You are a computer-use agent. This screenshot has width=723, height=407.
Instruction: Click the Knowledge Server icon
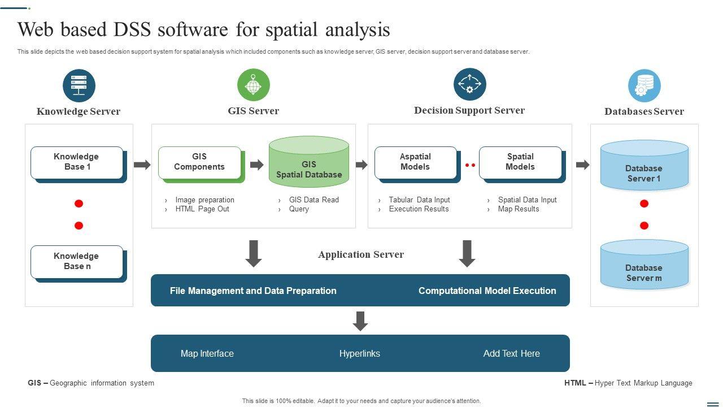coord(79,85)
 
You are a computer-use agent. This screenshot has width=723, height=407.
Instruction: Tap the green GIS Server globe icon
coord(254,85)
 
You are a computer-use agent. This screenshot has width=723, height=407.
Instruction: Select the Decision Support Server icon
coord(469,84)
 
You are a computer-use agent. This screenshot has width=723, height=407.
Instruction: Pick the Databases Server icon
coord(644,85)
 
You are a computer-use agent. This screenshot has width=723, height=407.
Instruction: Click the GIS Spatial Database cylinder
coord(309,162)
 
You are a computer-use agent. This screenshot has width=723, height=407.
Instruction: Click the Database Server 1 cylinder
coord(644,165)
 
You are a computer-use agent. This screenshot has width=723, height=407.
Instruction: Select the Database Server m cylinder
coord(644,264)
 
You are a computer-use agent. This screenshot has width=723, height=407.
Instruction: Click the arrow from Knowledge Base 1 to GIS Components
coord(142,164)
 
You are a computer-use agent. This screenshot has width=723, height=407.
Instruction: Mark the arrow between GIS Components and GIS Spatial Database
coord(257,164)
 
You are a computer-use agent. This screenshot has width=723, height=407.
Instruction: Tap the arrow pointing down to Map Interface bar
coord(360,321)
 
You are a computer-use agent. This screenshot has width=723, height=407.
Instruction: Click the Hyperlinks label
coord(360,353)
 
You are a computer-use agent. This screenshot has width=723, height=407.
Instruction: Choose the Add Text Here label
coord(511,353)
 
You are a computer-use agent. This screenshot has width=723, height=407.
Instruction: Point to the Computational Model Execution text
coord(487,291)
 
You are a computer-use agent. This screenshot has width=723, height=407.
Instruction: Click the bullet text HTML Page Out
coord(202,209)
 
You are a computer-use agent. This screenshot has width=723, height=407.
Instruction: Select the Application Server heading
coord(361,254)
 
